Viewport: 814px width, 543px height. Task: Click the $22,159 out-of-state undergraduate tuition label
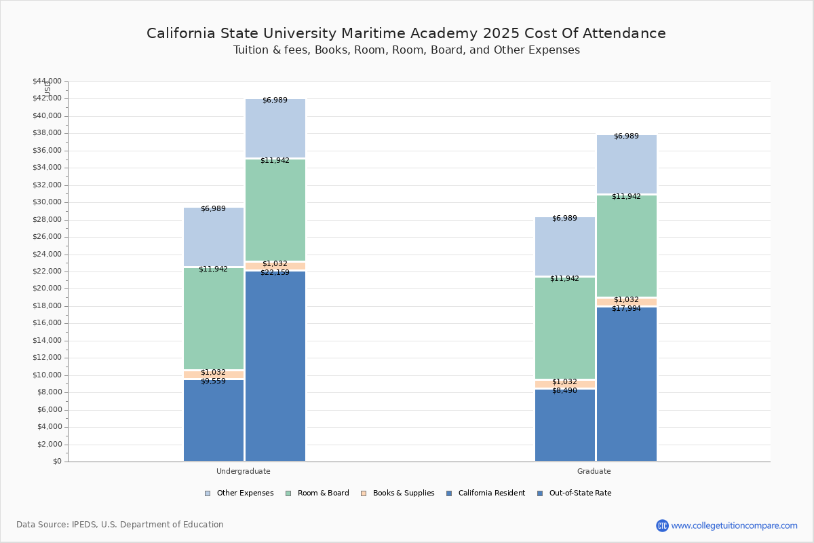pos(275,273)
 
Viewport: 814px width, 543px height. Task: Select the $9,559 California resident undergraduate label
pos(213,381)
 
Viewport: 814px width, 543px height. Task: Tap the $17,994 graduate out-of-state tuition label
pos(626,309)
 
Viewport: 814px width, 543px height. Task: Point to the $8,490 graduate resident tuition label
pos(564,391)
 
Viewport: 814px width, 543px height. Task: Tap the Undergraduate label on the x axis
pos(244,471)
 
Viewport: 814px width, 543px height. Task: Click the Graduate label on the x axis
pos(594,471)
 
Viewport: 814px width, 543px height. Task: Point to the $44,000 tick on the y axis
pos(47,81)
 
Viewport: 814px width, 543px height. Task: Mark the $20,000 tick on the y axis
pos(47,288)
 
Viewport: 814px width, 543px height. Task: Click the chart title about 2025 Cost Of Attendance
pos(406,33)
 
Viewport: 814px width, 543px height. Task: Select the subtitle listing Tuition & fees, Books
pos(406,50)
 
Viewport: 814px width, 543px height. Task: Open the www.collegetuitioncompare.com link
pos(734,525)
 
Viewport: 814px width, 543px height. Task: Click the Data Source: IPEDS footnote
pos(120,525)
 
